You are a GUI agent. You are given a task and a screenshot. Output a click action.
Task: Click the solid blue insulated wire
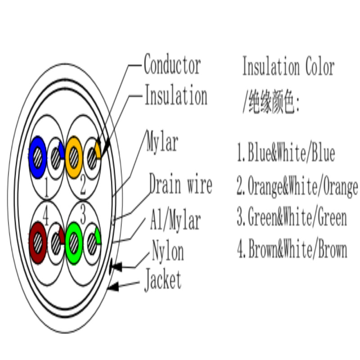click(37, 157)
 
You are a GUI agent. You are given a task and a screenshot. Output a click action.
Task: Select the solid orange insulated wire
click(74, 157)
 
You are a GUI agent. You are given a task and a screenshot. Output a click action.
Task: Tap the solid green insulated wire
click(74, 243)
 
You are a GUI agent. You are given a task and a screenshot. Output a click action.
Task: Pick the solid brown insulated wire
click(38, 243)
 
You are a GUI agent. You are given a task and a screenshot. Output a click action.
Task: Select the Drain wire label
click(180, 184)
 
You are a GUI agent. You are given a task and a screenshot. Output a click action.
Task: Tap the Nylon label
click(168, 250)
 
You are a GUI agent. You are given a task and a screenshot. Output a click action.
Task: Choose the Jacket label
click(163, 280)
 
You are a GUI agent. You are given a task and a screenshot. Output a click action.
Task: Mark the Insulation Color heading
click(288, 66)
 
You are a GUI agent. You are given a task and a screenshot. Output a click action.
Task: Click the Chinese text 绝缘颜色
click(271, 102)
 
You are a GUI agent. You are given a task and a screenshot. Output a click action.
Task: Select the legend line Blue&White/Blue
click(286, 153)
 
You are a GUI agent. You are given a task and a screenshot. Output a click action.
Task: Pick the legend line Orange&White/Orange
click(297, 185)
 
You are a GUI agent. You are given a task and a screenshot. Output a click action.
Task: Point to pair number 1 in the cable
click(47, 187)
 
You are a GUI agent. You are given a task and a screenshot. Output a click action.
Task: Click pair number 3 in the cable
click(83, 215)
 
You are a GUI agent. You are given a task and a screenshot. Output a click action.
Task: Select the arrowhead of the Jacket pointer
click(113, 287)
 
